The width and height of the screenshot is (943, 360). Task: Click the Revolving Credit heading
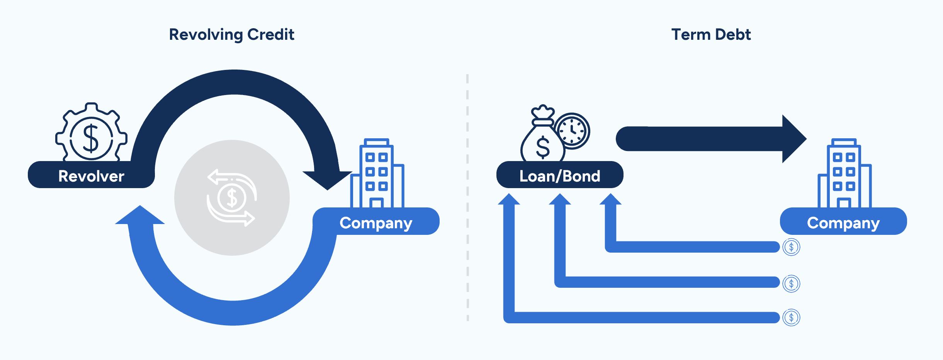232,35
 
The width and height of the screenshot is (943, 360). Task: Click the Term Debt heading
711,35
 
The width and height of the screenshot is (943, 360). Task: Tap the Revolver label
91,176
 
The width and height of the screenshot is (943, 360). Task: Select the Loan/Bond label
559,176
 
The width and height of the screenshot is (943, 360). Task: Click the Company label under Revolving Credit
376,222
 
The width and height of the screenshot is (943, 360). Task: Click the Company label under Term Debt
843,222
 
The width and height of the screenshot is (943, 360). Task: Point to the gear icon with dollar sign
91,133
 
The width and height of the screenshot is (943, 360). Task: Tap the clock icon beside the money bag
572,131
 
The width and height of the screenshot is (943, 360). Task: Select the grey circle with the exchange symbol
232,198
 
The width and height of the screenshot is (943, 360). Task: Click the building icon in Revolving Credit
377,174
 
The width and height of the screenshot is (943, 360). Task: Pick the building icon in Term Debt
844,174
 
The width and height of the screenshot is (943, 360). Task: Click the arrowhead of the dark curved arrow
327,180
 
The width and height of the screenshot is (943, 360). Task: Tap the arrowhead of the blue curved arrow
140,215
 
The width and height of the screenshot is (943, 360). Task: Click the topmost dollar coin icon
791,247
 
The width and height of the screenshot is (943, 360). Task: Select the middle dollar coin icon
791,284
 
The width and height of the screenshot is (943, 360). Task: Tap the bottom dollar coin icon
791,318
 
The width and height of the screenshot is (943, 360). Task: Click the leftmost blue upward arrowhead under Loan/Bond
509,199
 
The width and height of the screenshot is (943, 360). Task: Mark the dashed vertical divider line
467,197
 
